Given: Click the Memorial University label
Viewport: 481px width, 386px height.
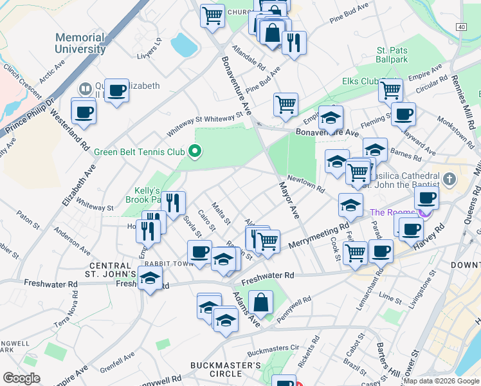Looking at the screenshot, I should (x=80, y=43).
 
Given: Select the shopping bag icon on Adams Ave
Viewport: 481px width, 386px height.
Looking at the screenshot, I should (x=261, y=302).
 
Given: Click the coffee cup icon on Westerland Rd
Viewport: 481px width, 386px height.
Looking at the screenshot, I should (x=84, y=113).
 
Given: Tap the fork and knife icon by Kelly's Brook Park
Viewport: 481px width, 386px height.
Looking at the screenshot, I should (x=173, y=204).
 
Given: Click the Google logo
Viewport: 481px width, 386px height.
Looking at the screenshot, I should (x=21, y=378).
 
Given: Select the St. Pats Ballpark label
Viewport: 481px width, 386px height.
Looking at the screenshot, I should (x=392, y=55).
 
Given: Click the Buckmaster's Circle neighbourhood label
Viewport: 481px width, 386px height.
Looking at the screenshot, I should (x=226, y=369).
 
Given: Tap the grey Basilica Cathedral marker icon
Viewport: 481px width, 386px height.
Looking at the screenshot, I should (x=449, y=178).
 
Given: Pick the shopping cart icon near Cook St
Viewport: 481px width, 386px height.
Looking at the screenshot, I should (x=355, y=253).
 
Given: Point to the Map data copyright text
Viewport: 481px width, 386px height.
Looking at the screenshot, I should (x=441, y=381).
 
